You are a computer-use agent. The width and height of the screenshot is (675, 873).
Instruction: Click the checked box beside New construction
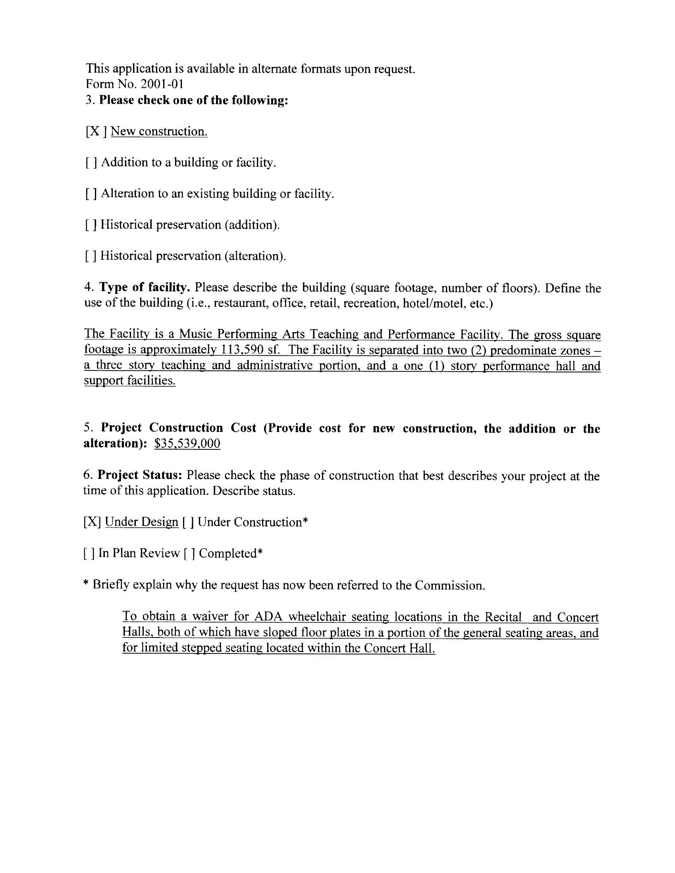click(x=96, y=131)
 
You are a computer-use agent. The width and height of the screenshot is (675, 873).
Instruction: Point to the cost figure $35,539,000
click(x=187, y=444)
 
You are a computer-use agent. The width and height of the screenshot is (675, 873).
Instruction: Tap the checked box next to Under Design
click(x=92, y=522)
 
